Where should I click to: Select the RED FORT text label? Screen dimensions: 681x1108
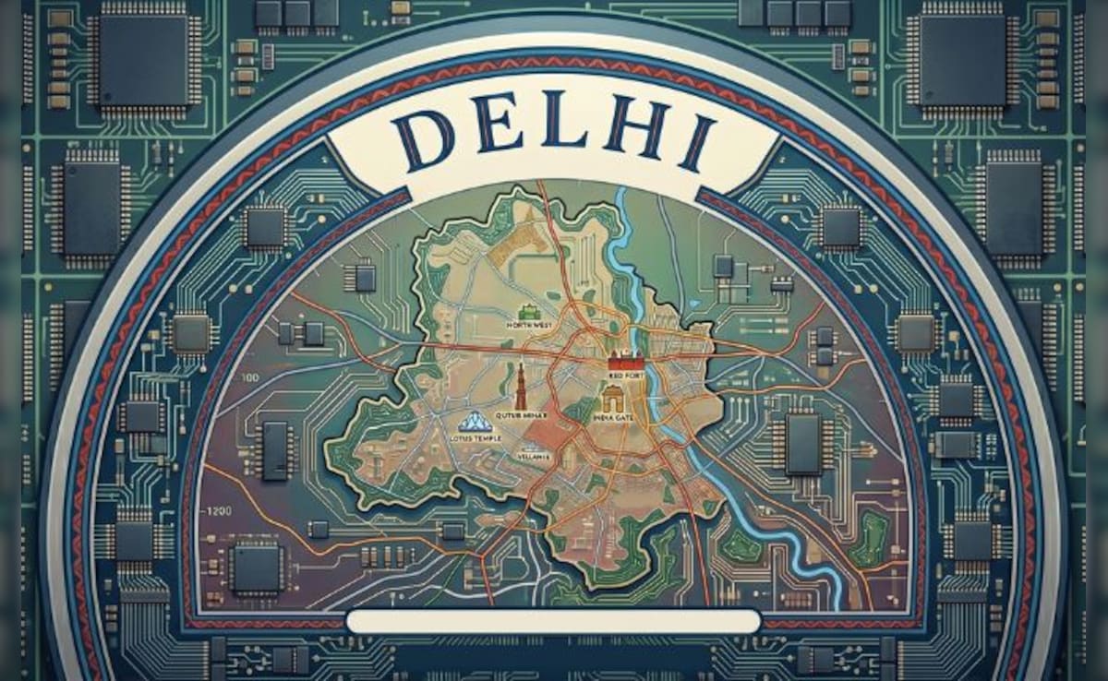click(x=624, y=378)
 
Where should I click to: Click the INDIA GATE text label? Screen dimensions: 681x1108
click(x=610, y=418)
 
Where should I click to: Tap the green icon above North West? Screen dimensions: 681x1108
click(x=527, y=312)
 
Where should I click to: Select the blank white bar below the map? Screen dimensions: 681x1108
click(x=553, y=620)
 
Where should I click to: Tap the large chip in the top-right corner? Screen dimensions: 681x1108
click(x=961, y=59)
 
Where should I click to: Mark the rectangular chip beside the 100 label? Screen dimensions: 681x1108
click(x=276, y=449)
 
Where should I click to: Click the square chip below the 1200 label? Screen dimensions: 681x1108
click(x=256, y=565)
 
